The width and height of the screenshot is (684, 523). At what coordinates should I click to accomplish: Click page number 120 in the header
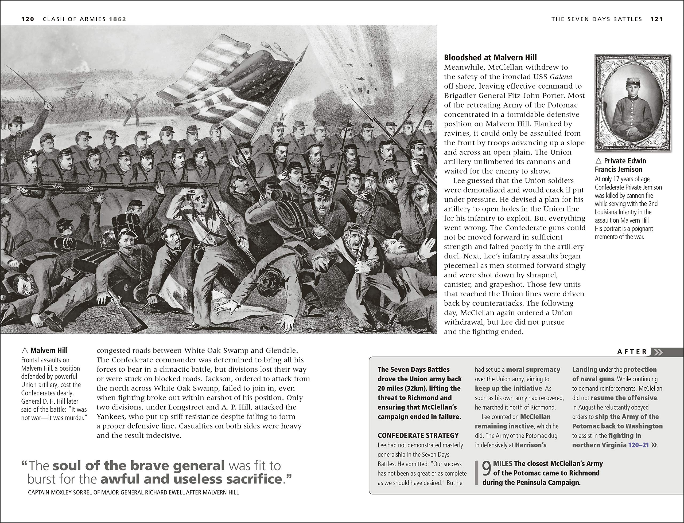click(28, 19)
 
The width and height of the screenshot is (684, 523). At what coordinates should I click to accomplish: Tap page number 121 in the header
click(656, 19)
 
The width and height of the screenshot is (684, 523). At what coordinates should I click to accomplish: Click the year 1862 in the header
click(117, 19)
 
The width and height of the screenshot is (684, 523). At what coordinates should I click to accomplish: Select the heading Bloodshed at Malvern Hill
click(490, 58)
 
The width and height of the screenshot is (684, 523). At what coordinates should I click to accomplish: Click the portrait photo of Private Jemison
click(632, 103)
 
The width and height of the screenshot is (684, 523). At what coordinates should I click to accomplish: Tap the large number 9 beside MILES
click(487, 469)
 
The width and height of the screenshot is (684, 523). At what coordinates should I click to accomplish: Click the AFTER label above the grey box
click(632, 352)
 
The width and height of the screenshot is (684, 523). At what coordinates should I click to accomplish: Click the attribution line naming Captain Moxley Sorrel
click(133, 493)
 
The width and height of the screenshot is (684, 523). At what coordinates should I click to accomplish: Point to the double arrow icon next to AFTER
click(658, 352)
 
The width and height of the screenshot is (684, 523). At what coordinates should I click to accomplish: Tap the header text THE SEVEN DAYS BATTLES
click(596, 19)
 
